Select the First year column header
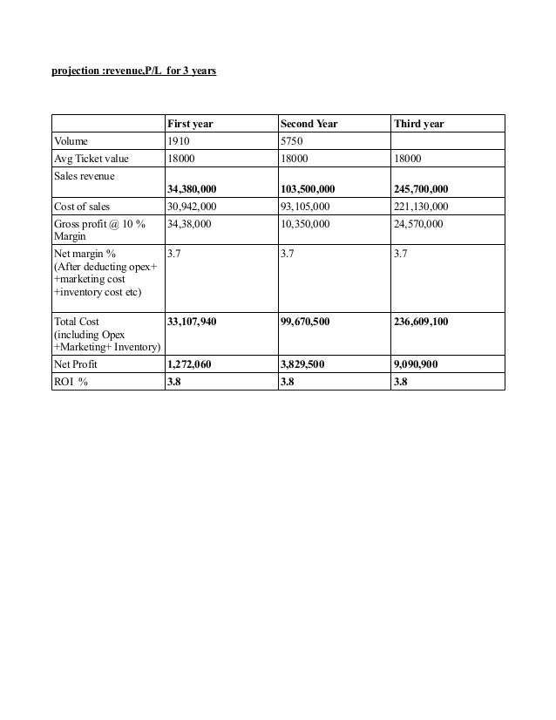coord(190,124)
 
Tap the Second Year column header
coord(309,124)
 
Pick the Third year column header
coord(419,124)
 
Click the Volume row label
coord(71,139)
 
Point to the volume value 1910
coord(180,139)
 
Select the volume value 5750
coord(293,139)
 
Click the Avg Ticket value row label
coord(91,158)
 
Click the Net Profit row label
coord(77,365)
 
